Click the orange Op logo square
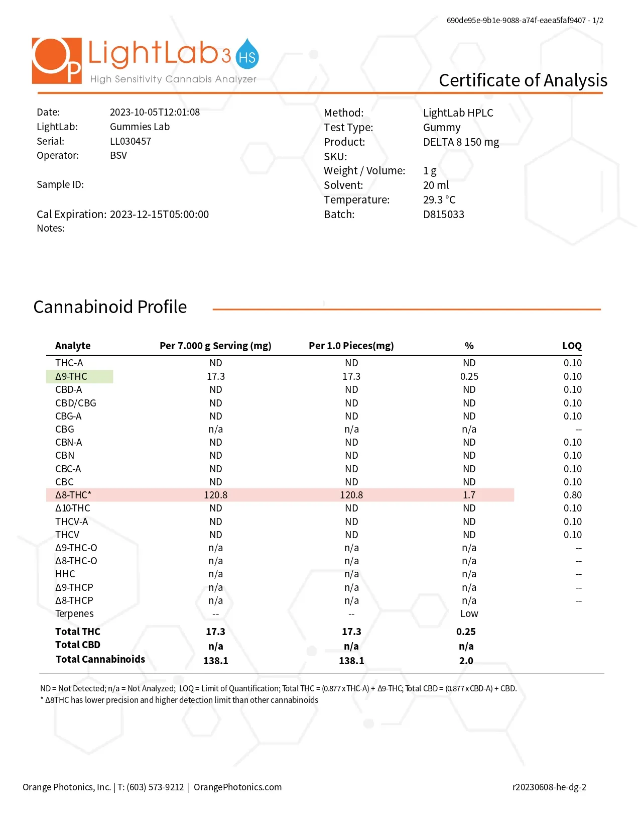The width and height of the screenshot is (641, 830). coord(56,60)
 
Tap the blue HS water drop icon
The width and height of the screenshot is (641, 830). coord(247,55)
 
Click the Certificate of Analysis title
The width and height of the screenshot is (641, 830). coord(523,80)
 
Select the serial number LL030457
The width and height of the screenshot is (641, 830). coord(131,141)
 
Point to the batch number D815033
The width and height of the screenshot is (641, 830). coord(443,215)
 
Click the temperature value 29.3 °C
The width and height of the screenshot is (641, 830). coord(439,200)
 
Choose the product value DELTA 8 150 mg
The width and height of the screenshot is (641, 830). coord(461,142)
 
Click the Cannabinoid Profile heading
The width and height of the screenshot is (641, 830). coord(110,307)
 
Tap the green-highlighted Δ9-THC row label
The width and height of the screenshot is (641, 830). coord(72,376)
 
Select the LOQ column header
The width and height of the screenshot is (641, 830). coord(571,346)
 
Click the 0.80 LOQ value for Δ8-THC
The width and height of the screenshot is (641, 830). coord(572,495)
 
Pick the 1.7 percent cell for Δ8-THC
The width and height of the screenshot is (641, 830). coord(469,495)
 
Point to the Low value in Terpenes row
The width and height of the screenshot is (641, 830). coord(469,613)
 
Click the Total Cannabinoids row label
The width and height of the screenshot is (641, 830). coord(100,659)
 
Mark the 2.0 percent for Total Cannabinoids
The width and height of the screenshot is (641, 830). coord(466,661)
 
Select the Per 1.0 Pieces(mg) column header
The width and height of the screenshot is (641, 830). coord(351,346)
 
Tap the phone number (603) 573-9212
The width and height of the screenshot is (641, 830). coord(155,787)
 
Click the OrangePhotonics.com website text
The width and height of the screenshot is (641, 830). coord(237,787)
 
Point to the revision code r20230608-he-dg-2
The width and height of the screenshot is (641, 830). coord(549,787)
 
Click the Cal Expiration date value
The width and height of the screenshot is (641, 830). coord(159,215)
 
